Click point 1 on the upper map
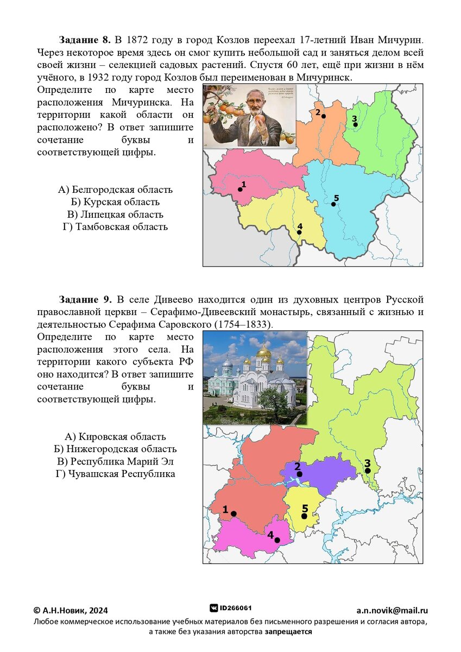click(239, 190)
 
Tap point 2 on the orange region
click(324, 116)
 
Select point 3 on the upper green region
click(356, 124)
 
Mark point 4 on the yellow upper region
click(299, 232)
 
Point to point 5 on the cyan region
click(333, 204)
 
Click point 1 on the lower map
click(233, 513)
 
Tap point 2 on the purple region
click(300, 474)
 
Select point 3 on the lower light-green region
click(368, 471)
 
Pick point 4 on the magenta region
click(277, 540)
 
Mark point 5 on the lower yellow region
click(304, 516)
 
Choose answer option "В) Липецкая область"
click(115, 215)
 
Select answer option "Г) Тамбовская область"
click(115, 227)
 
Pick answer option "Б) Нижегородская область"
click(115, 449)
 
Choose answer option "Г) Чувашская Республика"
click(115, 474)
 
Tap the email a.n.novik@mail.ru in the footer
click(392, 610)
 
